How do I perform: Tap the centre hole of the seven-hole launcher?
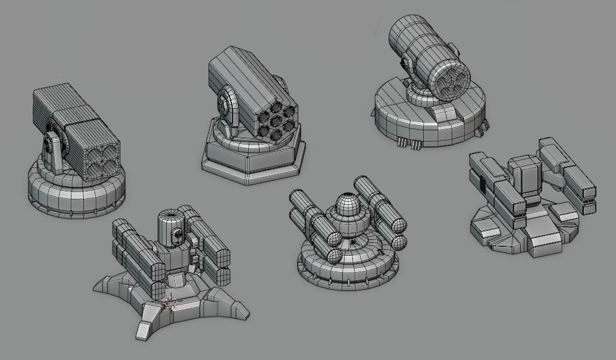275,121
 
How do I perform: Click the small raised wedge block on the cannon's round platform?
445,113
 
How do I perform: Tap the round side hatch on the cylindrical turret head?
177,236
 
